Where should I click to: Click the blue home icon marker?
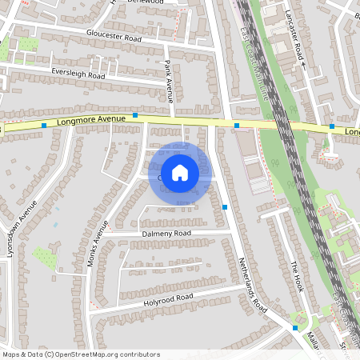click(x=180, y=172)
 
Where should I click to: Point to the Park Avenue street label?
click(x=169, y=81)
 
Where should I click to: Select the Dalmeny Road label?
click(x=167, y=233)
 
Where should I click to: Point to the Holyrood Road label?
click(x=169, y=298)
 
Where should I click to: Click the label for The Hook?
click(x=297, y=277)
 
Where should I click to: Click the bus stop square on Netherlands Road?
click(x=225, y=207)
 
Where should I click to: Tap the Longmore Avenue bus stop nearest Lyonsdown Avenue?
click(x=43, y=126)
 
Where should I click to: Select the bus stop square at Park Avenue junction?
click(x=135, y=115)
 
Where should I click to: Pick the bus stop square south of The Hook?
click(x=295, y=327)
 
